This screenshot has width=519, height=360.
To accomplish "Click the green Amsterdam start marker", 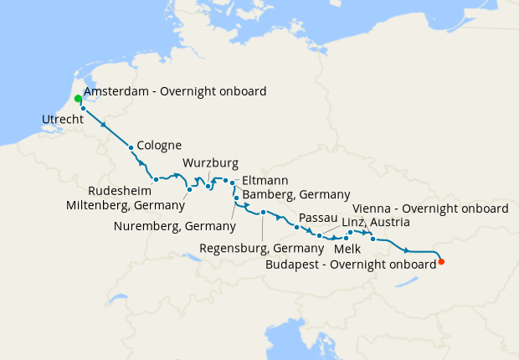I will pos(78,99).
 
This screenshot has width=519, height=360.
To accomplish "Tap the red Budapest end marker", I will pos(442,262).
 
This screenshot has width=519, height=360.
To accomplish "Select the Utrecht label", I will pos(62,121).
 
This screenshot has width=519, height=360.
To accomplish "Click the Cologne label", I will pos(160,146).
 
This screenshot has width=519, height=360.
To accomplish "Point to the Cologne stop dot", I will pos(131,148).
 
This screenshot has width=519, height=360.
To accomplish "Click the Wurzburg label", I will pos(211,162).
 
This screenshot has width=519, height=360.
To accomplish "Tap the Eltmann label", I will pos(265,179).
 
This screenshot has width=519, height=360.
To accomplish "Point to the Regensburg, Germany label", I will pos(262,249).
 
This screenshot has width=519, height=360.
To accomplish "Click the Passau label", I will pos(317,218).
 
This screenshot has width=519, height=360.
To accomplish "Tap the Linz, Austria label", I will pos(377,222).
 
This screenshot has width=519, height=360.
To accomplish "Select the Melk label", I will pos(347,249).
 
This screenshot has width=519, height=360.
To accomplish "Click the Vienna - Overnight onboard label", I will pos(431,208).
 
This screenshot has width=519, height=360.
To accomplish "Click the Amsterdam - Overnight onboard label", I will pos(175,90).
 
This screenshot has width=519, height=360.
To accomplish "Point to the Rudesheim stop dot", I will pos(156,179).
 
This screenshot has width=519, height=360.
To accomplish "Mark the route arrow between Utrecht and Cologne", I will pos(105,125).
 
